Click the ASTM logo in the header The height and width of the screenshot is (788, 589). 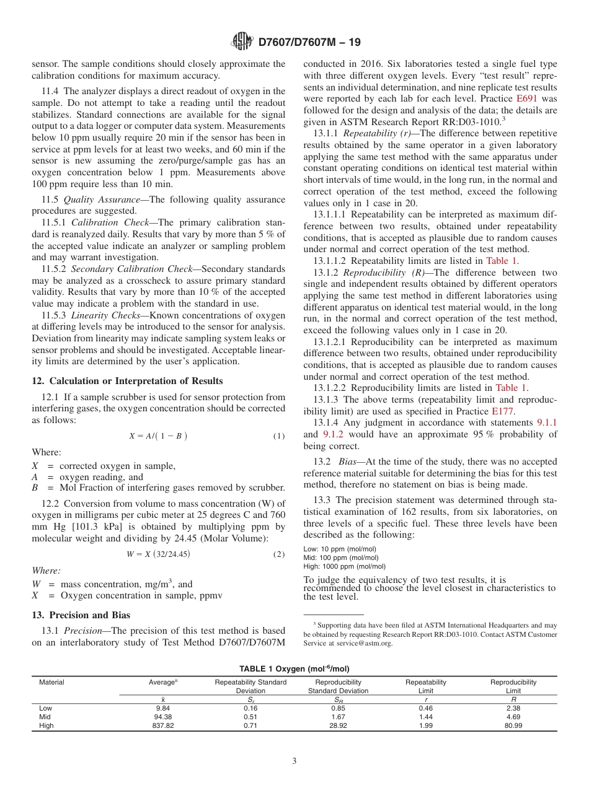pos(242,42)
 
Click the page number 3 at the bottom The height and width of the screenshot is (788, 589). pos(294,761)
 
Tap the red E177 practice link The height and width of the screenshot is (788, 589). pos(503,411)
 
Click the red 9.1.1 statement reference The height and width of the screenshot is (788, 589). pos(546,422)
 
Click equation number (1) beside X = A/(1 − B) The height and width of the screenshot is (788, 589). pos(279,436)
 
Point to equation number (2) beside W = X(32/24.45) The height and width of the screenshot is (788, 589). pos(279,554)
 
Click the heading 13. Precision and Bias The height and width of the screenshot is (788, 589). pos(81,615)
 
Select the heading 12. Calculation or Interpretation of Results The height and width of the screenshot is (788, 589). pos(127,381)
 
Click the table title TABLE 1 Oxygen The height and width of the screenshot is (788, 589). pos(294,669)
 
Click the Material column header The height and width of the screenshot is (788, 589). pos(51,682)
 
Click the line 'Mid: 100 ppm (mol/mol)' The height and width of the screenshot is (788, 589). pos(340,558)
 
